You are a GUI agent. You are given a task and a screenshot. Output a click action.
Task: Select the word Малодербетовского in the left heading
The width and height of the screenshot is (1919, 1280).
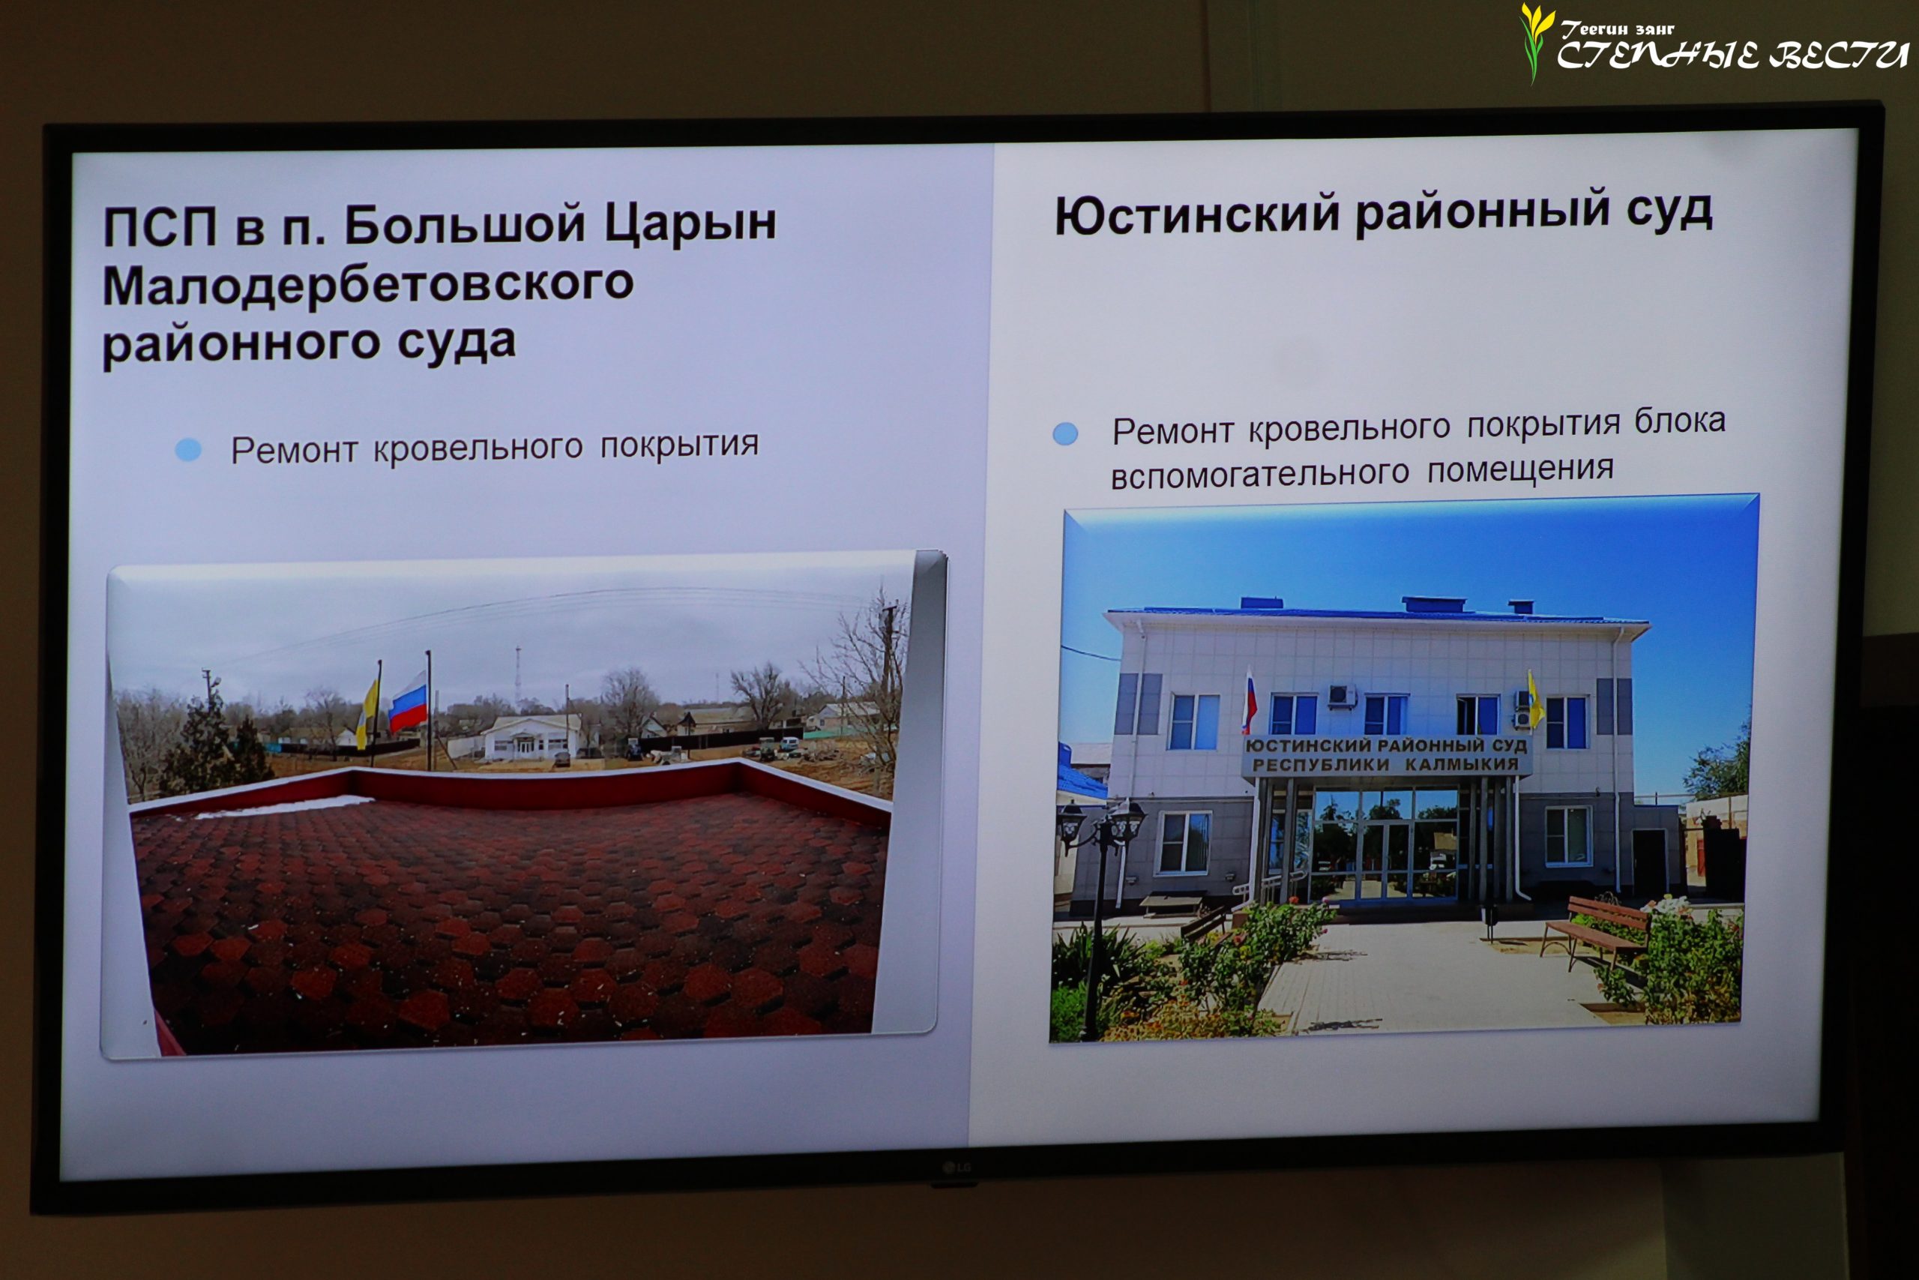pos(368,285)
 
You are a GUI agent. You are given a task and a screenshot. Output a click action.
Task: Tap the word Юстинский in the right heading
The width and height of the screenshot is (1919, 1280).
pos(1197,214)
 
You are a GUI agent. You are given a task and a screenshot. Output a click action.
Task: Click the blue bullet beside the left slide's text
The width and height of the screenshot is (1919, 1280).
pos(188,450)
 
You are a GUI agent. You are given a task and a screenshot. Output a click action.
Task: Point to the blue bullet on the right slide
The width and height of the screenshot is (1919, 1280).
pos(1064,433)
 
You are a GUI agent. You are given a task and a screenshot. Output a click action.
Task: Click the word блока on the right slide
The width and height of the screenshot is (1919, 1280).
pos(1680,421)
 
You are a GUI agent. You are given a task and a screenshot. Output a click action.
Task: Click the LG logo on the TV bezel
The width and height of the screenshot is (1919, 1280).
pos(957,1168)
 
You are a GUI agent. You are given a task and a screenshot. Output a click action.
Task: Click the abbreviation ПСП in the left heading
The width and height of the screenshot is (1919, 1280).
pos(160,227)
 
